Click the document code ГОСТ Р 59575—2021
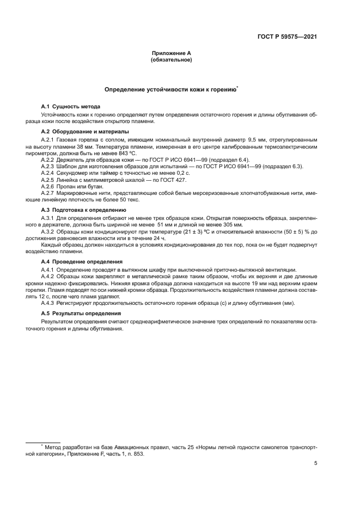click(x=287, y=37)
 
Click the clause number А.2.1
click(x=49, y=140)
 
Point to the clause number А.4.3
click(x=49, y=302)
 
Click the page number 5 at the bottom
click(x=316, y=463)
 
